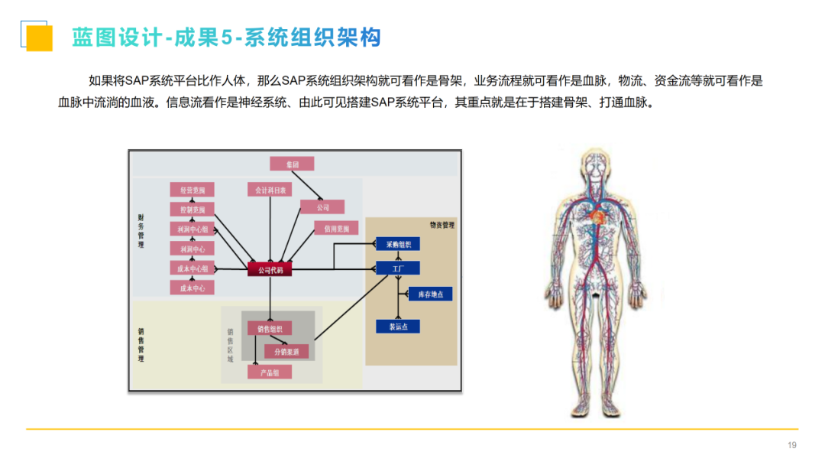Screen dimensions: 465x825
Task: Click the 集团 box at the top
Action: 292,164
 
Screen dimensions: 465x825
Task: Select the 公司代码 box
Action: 270,269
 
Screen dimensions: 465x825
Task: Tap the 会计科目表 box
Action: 270,190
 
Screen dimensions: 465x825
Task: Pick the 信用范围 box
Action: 336,228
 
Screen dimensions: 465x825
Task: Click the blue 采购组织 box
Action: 398,245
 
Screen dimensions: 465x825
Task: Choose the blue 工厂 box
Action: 398,268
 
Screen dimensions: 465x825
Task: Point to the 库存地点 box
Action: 430,294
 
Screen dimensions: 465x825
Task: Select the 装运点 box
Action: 398,327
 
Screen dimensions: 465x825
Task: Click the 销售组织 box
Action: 270,328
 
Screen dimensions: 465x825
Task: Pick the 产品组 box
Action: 270,372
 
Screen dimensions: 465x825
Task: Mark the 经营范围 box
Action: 192,190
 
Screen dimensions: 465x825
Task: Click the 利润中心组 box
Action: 192,229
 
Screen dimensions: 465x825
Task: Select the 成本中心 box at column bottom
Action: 192,288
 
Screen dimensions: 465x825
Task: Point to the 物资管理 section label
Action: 442,226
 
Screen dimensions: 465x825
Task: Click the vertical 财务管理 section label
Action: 141,230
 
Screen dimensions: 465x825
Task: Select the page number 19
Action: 791,446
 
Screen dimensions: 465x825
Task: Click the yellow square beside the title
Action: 39,38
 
